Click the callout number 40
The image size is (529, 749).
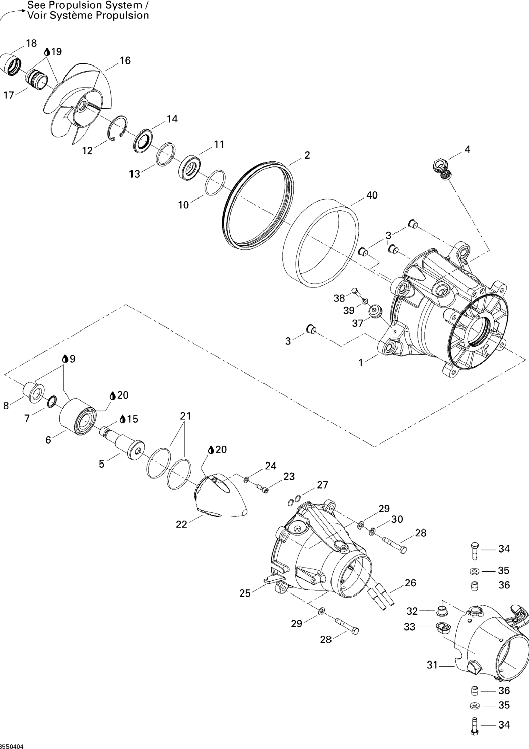372,195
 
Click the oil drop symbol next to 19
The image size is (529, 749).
47,52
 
